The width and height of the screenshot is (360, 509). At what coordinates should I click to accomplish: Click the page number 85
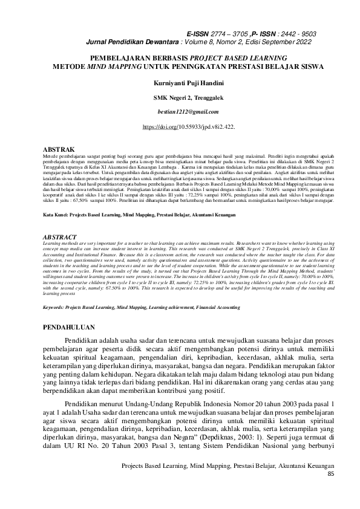[330, 490]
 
